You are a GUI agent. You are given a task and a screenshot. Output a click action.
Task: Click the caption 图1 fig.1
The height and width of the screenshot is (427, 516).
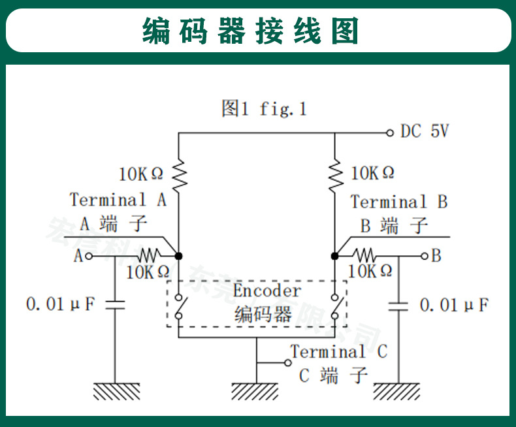264,108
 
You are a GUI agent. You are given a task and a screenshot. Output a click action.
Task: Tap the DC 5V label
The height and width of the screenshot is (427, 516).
425,131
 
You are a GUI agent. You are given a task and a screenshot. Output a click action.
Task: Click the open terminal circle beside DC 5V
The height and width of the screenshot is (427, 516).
389,132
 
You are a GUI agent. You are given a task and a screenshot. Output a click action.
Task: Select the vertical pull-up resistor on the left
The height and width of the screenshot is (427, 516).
178,173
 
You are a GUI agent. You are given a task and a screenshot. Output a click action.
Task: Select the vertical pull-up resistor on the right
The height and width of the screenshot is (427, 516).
336,172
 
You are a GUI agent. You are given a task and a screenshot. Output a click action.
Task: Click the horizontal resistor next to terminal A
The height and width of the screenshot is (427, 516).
149,255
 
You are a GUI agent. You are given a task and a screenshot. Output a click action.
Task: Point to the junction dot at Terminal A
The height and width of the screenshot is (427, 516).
178,255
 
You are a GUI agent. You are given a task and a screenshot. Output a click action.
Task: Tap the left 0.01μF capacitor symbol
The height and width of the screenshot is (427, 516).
115,304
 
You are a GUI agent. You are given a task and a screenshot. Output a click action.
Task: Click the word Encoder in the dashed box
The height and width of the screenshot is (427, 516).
267,291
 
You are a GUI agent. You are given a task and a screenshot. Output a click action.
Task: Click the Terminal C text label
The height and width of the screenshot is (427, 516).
338,351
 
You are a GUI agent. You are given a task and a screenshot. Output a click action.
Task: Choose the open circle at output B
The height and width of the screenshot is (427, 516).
425,255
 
